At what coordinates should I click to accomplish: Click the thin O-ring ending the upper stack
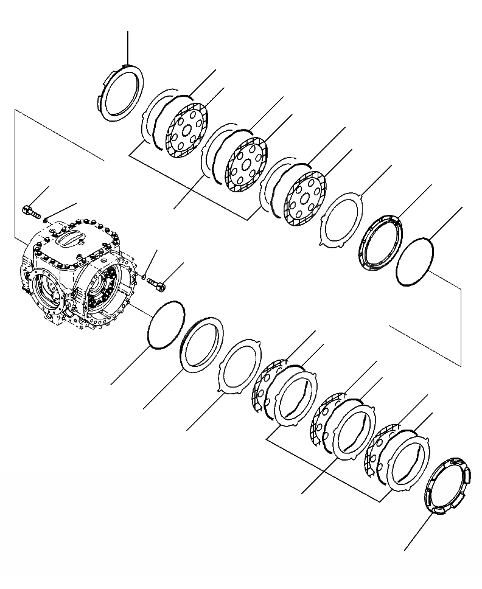point(414,260)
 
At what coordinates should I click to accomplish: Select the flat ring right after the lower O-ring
point(203,344)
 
